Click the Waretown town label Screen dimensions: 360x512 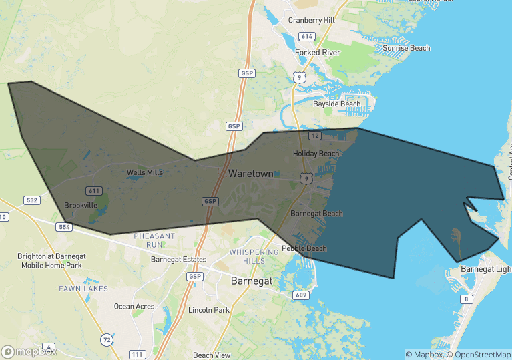point(250,173)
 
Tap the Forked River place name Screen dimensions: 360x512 point(318,53)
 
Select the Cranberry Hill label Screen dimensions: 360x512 point(311,20)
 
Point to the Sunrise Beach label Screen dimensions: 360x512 point(407,48)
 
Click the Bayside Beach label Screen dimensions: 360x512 point(337,104)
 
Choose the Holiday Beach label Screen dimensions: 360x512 point(316,154)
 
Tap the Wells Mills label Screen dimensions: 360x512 point(145,172)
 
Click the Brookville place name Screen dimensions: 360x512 point(81,205)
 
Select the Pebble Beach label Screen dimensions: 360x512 point(304,248)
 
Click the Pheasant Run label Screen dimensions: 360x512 point(154,240)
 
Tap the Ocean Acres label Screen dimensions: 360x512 point(134,307)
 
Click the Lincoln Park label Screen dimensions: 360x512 point(209,310)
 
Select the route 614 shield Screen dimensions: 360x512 point(307,36)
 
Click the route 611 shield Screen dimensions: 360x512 point(93,191)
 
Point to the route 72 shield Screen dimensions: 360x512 point(107,340)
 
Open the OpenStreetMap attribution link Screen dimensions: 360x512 point(479,354)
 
